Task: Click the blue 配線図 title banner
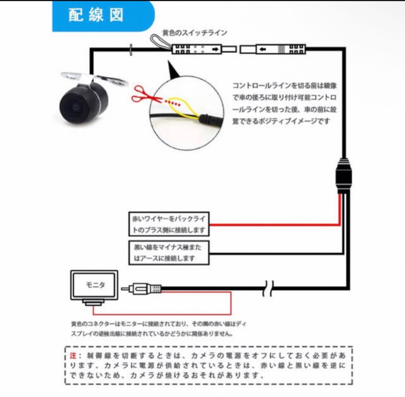click(x=101, y=16)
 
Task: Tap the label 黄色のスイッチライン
click(x=195, y=33)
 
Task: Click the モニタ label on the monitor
click(x=95, y=285)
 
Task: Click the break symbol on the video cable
click(x=268, y=289)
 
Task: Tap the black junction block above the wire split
click(x=344, y=176)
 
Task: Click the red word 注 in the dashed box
click(x=73, y=355)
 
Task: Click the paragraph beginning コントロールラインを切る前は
click(x=284, y=103)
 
